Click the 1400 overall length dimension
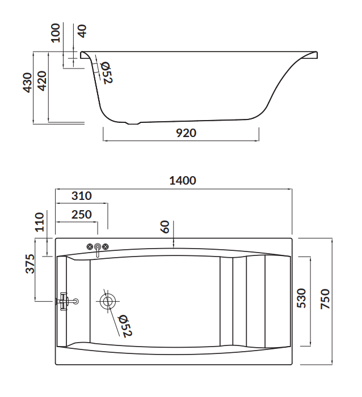pos(182,181)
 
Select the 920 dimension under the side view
pos(182,134)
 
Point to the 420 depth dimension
pos(41,83)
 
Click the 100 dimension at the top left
pos(56,33)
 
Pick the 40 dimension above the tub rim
pos(82,31)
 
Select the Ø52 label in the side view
pos(106,73)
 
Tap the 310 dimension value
pos(82,196)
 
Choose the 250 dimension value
pos(81,215)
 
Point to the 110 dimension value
pos(39,222)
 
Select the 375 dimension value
pos(30,264)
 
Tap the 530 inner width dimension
pos(301,299)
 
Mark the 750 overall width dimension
pos(325,299)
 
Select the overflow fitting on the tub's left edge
pos(66,301)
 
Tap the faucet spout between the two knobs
pos(98,249)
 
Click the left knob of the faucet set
pos(90,246)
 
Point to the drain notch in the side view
pos(134,123)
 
